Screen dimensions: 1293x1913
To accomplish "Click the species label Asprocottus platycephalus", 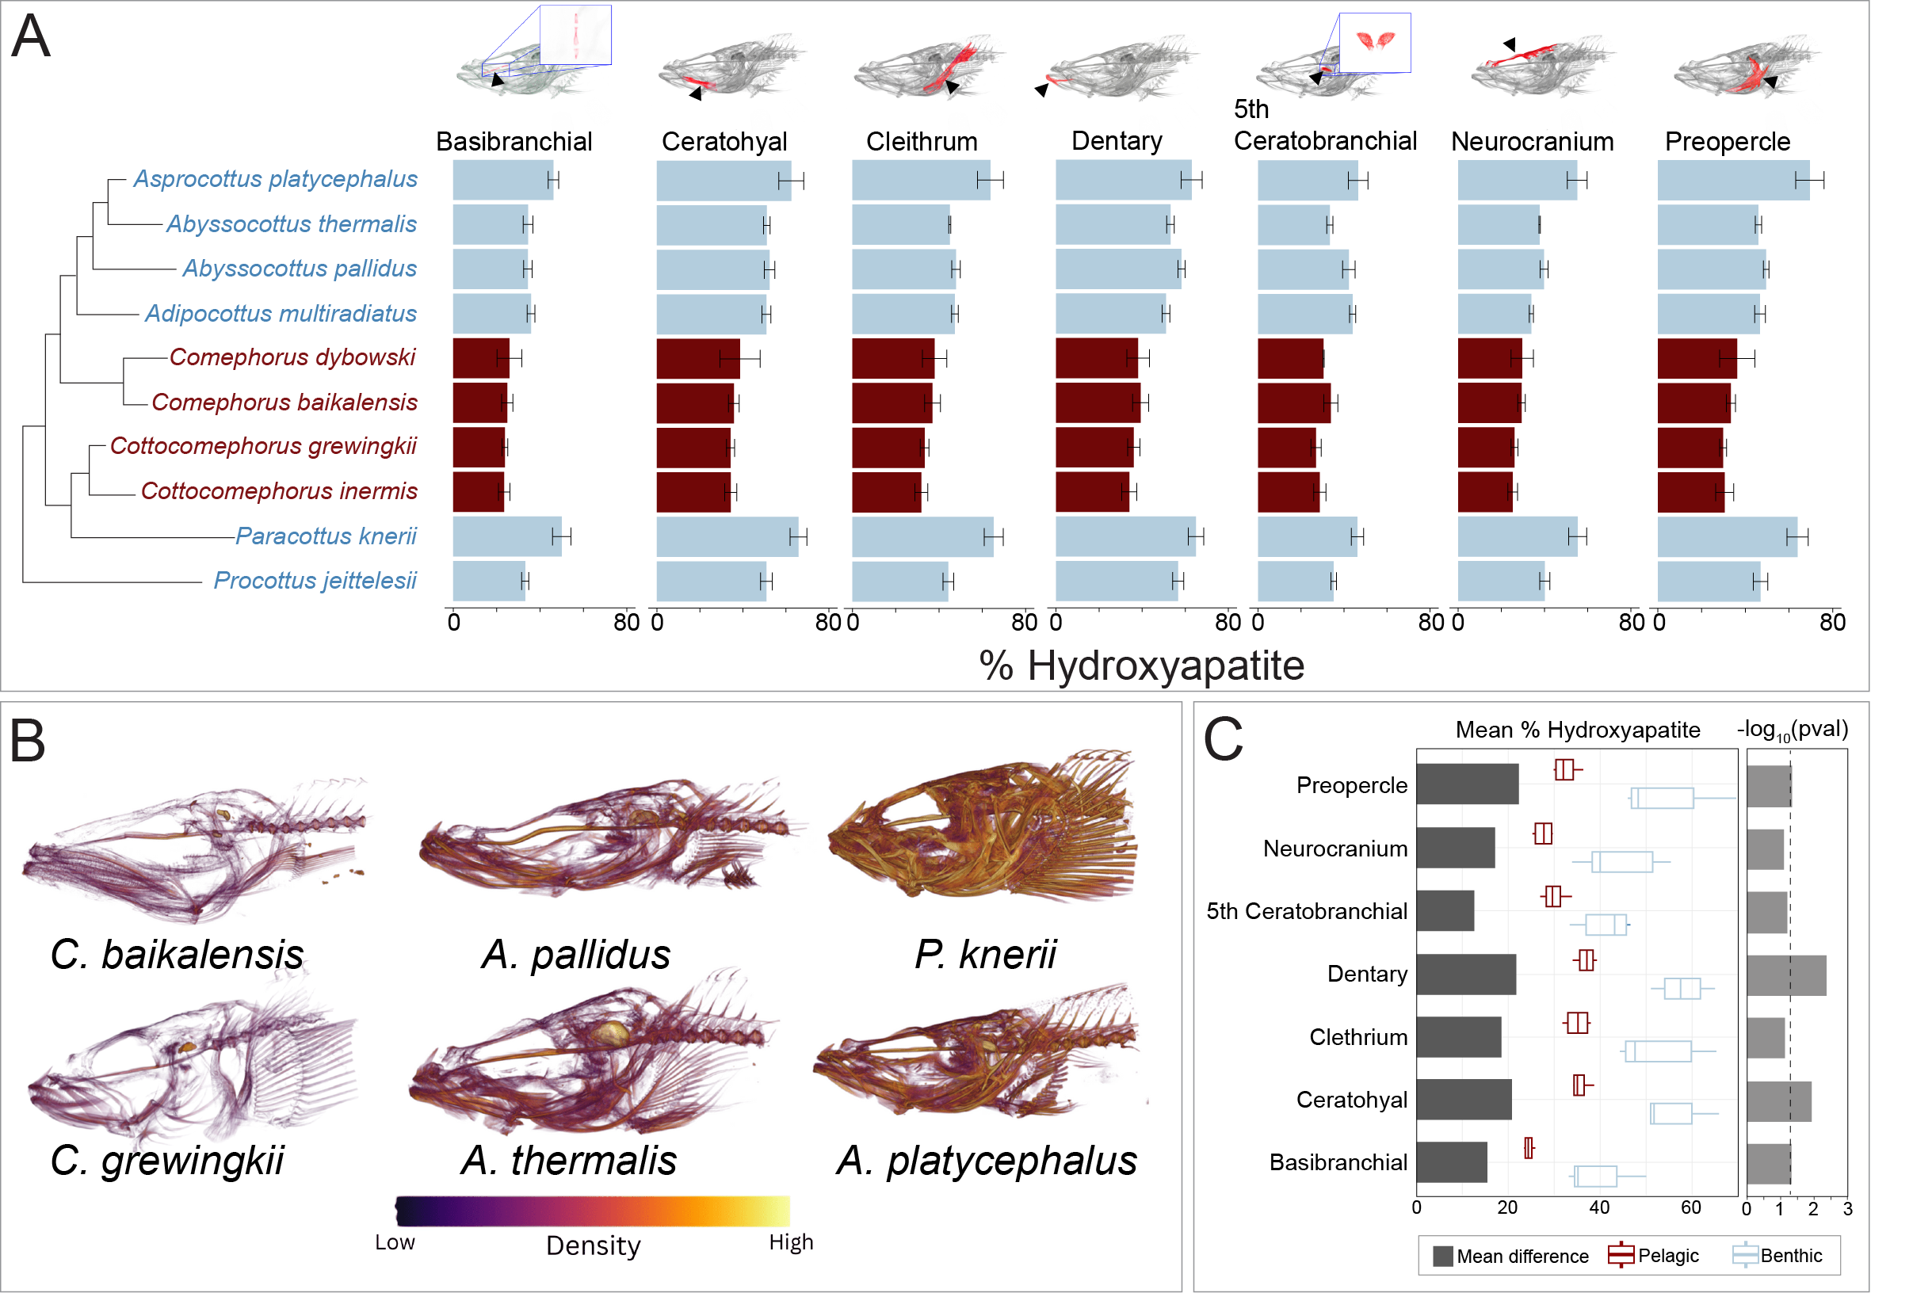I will point(276,179).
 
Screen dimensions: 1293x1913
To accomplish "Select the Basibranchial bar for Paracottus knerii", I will point(506,536).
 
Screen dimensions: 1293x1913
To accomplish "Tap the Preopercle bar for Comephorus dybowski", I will point(1696,359).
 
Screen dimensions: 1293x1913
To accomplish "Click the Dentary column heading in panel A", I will point(1117,142).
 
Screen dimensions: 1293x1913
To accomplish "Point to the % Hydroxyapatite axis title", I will point(1141,665).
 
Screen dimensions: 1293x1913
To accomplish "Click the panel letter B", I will point(27,741).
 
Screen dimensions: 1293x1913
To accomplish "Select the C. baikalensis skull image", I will point(193,852).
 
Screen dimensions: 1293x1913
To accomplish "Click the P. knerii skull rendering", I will point(983,827).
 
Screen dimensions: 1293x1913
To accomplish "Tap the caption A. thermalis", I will point(569,1161).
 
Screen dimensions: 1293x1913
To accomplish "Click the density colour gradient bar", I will point(593,1211).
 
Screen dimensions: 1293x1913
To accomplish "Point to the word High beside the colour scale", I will point(790,1242).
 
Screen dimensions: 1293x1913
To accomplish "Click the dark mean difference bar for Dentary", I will point(1465,975).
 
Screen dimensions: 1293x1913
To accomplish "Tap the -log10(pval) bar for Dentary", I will point(1785,975).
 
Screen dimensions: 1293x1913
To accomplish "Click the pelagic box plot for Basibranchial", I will point(1529,1148).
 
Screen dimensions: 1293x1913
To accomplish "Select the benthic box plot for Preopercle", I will point(1662,798).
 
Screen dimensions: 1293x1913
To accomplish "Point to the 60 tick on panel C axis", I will point(1690,1207).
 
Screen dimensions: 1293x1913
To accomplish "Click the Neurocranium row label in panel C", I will point(1335,849).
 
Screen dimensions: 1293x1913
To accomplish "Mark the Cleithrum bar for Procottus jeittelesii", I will point(899,582).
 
